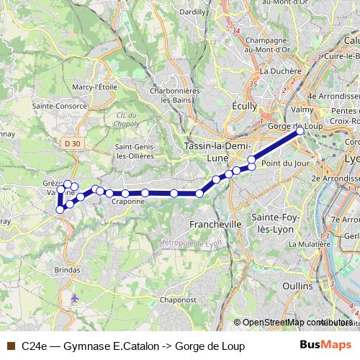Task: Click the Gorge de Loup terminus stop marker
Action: [300, 131]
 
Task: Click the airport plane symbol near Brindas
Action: [76, 297]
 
